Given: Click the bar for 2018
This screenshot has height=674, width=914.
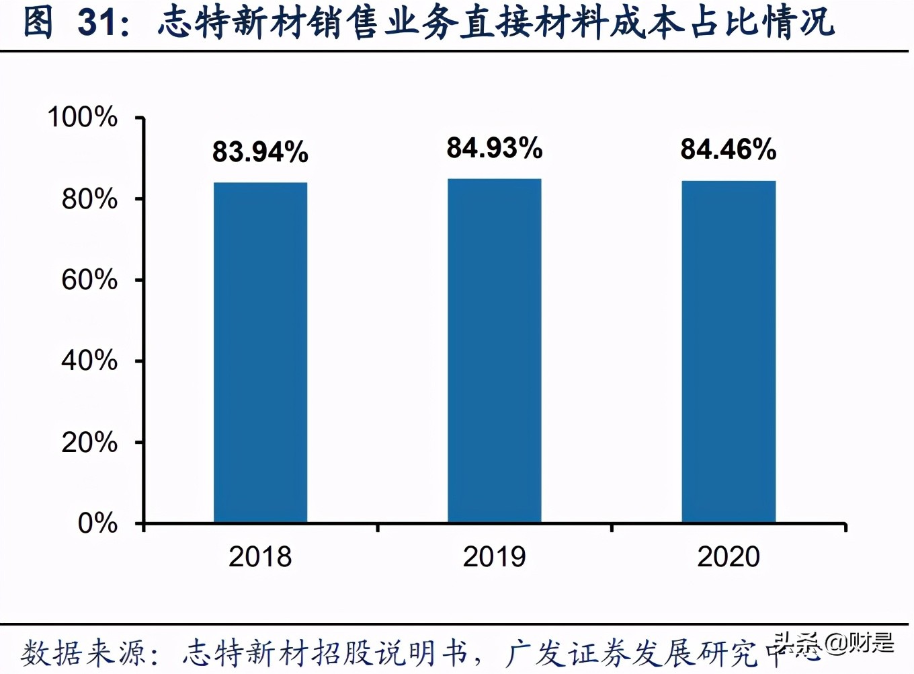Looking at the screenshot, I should click(260, 352).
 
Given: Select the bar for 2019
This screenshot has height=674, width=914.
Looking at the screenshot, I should click(494, 350).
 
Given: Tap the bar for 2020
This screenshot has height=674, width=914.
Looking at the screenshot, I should click(729, 351).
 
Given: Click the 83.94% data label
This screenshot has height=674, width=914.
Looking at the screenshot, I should click(260, 152).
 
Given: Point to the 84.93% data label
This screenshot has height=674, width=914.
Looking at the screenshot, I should click(494, 148).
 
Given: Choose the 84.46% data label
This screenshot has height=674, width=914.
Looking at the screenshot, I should click(728, 149).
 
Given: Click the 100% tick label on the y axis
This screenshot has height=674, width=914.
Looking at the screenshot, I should click(82, 117).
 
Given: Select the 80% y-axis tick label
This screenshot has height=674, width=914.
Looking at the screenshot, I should click(89, 199).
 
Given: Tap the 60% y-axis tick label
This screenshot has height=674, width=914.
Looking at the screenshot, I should click(89, 280).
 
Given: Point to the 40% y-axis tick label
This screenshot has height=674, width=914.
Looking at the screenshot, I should click(89, 361).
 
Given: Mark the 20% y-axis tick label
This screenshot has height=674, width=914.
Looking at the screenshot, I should click(89, 443).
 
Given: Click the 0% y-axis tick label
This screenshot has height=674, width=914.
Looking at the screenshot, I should click(97, 523).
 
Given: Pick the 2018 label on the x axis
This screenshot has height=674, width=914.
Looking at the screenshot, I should click(260, 557).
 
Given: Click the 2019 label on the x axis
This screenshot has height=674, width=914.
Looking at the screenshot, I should click(494, 557).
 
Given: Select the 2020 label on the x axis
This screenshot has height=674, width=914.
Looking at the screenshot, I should click(728, 557).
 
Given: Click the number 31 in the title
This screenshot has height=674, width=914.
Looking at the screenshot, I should click(98, 22).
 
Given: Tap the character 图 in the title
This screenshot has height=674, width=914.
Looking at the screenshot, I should click(38, 22).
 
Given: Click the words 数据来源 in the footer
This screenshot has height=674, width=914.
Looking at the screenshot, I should click(83, 653).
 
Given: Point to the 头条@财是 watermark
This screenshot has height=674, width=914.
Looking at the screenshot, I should click(833, 644).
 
